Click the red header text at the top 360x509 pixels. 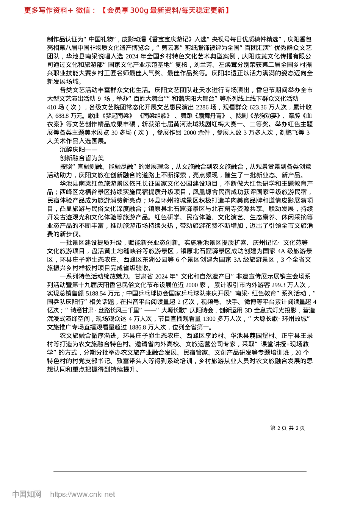coord(127,10)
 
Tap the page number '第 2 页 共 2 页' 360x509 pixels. coord(287,428)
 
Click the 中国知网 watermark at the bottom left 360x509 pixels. coord(27,494)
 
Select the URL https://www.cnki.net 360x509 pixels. coord(83,494)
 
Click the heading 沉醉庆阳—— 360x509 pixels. coord(78,150)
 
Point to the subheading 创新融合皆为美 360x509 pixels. coord(82,158)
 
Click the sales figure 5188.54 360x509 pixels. coord(97,293)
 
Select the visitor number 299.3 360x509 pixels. coord(270,285)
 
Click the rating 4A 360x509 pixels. coord(281,251)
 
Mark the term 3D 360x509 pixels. coord(249,310)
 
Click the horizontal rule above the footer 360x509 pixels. coord(180,472)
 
